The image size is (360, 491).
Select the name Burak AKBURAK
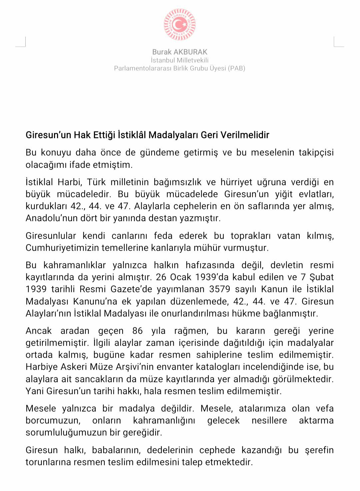pyautogui.click(x=180, y=52)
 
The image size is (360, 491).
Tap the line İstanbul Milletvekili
pyautogui.click(x=180, y=60)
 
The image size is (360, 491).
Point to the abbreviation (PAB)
pyautogui.click(x=236, y=68)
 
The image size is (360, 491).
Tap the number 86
pyautogui.click(x=137, y=331)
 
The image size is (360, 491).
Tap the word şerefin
pyautogui.click(x=319, y=450)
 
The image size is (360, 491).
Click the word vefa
pyautogui.click(x=325, y=409)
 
